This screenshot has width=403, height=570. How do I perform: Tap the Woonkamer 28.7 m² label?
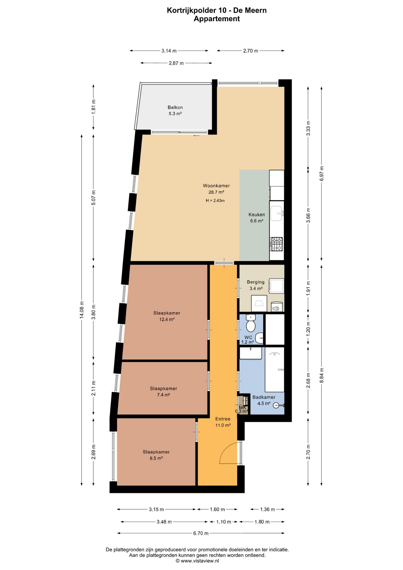(216, 189)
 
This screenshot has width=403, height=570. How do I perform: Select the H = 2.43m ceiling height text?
(215, 201)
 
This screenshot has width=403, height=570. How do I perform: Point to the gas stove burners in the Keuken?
(277, 244)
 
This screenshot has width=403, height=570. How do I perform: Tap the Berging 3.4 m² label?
(256, 285)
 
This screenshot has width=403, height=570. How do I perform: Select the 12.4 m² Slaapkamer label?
(167, 316)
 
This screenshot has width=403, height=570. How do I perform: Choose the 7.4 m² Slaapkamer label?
(163, 392)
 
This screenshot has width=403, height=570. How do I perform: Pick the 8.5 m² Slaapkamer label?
(156, 455)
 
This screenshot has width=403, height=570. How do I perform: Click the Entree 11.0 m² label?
(223, 422)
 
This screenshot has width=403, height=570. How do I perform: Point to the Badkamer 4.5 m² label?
(264, 400)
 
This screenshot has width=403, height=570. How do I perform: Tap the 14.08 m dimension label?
(82, 310)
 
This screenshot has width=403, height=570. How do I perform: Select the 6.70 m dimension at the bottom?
(201, 533)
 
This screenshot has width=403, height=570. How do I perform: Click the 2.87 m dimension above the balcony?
(176, 63)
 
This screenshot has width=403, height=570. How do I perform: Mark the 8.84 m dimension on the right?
(322, 376)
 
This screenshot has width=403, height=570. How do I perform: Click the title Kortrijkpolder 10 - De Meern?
(217, 10)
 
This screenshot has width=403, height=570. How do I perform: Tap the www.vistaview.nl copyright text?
(197, 561)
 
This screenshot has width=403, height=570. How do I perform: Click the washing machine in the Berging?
(277, 286)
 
